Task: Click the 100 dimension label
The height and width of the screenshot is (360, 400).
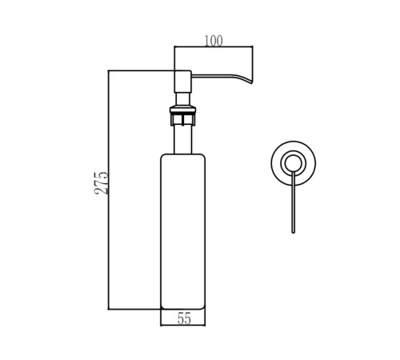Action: [x=214, y=41]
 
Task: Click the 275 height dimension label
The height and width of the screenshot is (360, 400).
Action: [x=102, y=183]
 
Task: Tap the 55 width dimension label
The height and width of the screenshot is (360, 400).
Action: [x=184, y=318]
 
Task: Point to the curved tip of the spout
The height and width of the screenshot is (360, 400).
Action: [x=252, y=82]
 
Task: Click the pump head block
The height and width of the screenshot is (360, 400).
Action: [x=183, y=82]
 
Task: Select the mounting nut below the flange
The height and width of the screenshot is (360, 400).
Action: [x=183, y=119]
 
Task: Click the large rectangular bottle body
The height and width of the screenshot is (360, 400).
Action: [x=183, y=231]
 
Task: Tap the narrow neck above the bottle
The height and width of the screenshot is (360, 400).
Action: [x=183, y=139]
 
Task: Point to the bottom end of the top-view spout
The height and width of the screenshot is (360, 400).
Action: [x=294, y=233]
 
